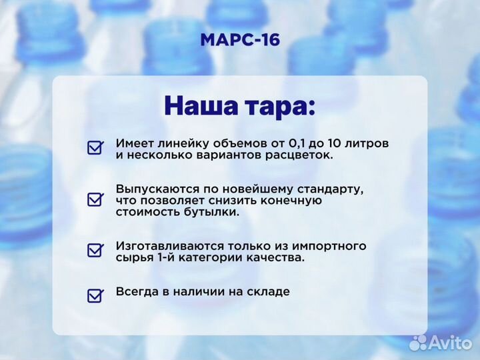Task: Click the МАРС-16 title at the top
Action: click(x=240, y=40)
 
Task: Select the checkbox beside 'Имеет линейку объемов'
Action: click(x=95, y=147)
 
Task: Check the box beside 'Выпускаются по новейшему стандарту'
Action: click(x=95, y=199)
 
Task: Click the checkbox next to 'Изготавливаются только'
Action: click(x=95, y=250)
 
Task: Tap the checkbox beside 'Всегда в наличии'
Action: click(x=95, y=295)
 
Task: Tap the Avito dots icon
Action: click(x=418, y=343)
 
